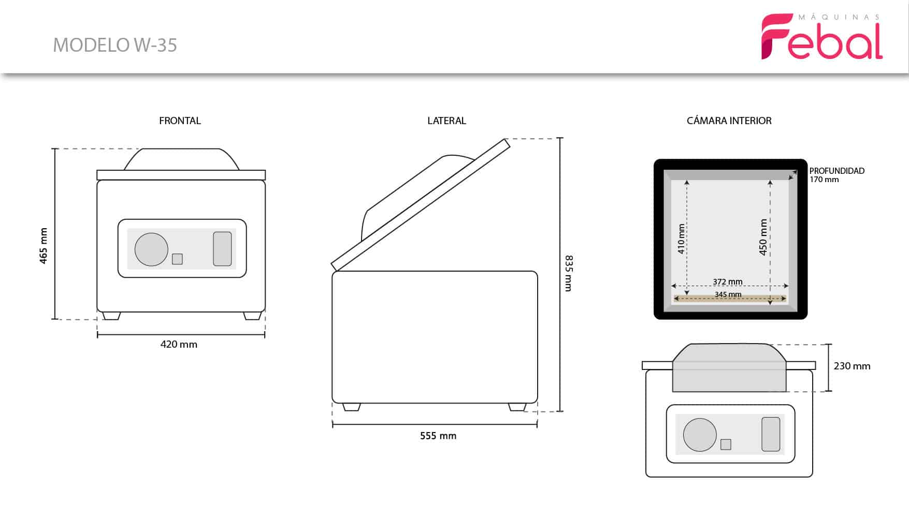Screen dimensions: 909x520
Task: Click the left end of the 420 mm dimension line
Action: pyautogui.click(x=97, y=335)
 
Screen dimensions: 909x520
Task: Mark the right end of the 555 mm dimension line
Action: pyautogui.click(x=537, y=425)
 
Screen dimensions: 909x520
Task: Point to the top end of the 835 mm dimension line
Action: pyautogui.click(x=560, y=138)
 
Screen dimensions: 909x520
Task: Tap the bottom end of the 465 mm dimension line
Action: pyautogui.click(x=54, y=319)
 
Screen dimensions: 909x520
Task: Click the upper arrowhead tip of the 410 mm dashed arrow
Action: pyautogui.click(x=687, y=180)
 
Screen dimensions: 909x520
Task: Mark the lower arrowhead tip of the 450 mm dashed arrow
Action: pyautogui.click(x=770, y=304)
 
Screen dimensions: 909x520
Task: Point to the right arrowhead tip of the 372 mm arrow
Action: pyautogui.click(x=789, y=286)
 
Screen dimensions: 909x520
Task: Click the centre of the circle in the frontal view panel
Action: pyautogui.click(x=151, y=249)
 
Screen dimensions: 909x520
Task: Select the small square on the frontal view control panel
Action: pyautogui.click(x=177, y=259)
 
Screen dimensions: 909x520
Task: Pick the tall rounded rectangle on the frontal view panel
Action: pyautogui.click(x=222, y=249)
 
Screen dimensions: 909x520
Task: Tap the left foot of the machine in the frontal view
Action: pyautogui.click(x=111, y=316)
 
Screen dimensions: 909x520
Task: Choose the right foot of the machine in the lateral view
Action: pyautogui.click(x=517, y=407)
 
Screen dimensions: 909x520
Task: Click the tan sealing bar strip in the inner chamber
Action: pyautogui.click(x=730, y=298)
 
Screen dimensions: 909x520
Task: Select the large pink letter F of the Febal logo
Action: pyautogui.click(x=775, y=36)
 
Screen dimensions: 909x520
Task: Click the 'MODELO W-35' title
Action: pyautogui.click(x=115, y=45)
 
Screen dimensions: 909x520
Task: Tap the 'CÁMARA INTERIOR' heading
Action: pyautogui.click(x=729, y=121)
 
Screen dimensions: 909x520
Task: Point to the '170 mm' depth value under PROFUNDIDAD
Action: pyautogui.click(x=824, y=180)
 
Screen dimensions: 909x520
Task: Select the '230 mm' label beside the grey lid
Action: pyautogui.click(x=852, y=366)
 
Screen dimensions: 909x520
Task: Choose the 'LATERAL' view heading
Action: pyautogui.click(x=446, y=121)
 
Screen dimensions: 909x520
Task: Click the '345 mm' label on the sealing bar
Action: pyautogui.click(x=728, y=294)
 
